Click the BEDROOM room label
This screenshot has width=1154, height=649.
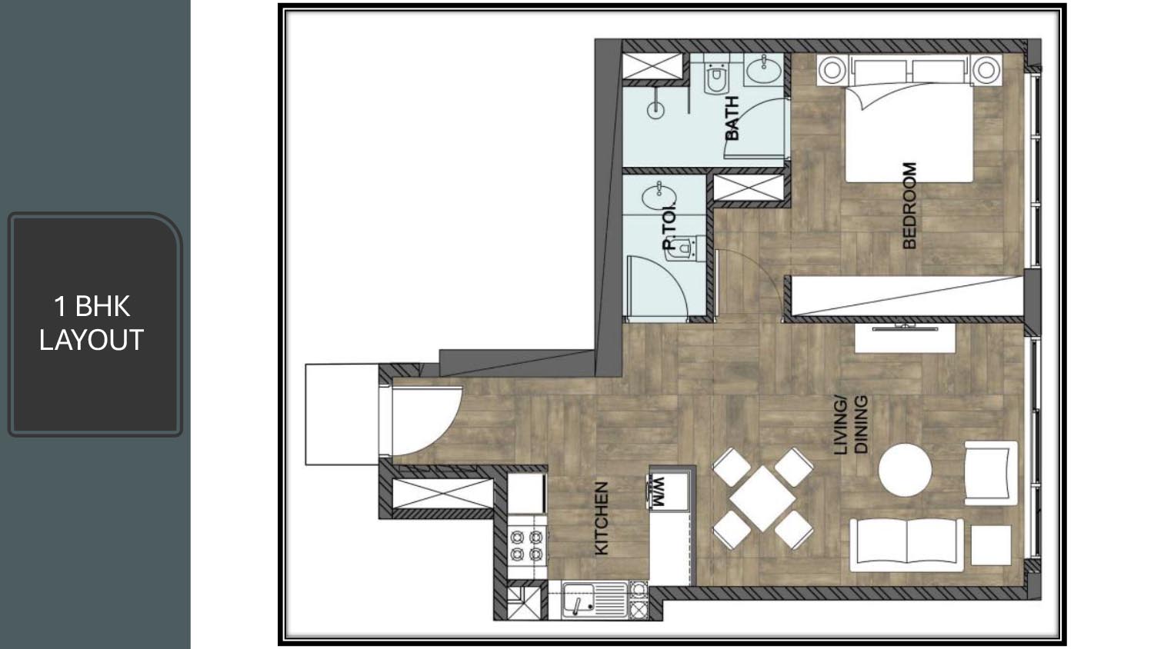tap(910, 206)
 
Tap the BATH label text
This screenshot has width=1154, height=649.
tap(732, 118)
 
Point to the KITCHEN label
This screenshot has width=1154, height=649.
tap(602, 519)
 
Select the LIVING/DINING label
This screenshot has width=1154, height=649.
tap(851, 425)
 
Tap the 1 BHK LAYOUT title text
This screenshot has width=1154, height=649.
tap(92, 323)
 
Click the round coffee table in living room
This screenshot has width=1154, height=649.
tap(906, 470)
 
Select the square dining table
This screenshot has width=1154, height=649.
tap(762, 498)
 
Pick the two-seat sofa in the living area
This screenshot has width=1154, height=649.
tap(907, 545)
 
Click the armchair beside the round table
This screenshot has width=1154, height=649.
tap(991, 473)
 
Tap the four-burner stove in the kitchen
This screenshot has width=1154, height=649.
tap(526, 546)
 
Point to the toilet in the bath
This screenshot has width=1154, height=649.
tap(716, 78)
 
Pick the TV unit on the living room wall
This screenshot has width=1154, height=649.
tap(906, 338)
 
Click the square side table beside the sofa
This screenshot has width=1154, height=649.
tap(991, 545)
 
